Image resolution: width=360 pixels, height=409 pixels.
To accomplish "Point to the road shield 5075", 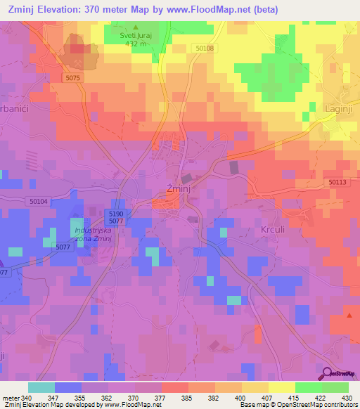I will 73,78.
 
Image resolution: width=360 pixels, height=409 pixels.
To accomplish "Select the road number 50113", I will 337,182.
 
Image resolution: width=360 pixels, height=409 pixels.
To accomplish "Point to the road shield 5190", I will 117,213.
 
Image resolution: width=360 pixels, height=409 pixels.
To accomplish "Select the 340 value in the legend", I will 27,397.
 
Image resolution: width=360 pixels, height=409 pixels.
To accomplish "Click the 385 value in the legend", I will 188,397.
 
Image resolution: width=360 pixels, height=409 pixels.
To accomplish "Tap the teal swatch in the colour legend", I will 41,387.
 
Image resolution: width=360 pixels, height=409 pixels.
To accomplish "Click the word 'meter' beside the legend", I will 10,397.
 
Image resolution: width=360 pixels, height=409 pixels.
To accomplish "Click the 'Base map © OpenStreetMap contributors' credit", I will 297,405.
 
